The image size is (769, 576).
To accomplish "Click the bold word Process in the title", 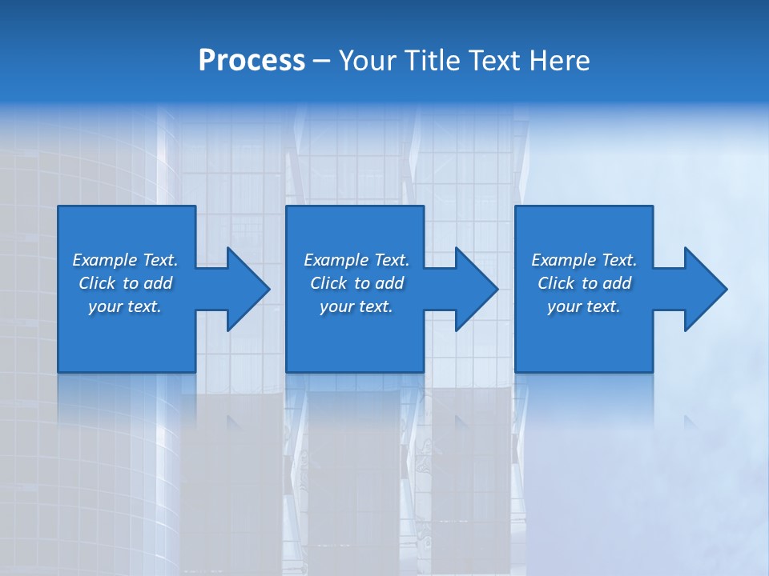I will pyautogui.click(x=252, y=61).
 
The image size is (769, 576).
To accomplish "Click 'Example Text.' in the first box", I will pyautogui.click(x=125, y=260).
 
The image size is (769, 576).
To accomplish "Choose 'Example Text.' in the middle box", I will pyautogui.click(x=356, y=260).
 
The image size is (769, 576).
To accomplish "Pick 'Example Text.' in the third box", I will pyautogui.click(x=584, y=260).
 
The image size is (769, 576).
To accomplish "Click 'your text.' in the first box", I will pyautogui.click(x=125, y=306).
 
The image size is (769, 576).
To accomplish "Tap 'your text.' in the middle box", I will pyautogui.click(x=356, y=306).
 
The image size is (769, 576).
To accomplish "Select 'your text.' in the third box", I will pyautogui.click(x=584, y=306).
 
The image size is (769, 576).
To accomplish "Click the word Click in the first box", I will pyautogui.click(x=97, y=283).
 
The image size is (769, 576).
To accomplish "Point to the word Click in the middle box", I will pyautogui.click(x=328, y=283).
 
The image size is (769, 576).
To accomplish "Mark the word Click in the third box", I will pyautogui.click(x=556, y=283).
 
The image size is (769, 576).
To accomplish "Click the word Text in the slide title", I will pyautogui.click(x=496, y=61).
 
